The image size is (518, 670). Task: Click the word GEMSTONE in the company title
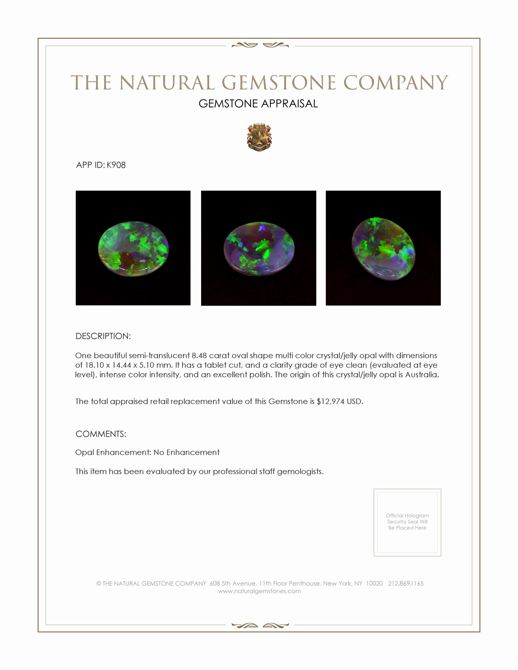point(279,83)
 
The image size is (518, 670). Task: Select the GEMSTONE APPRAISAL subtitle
point(258,104)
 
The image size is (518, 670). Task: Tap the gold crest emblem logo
point(259,138)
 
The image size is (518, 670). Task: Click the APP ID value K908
point(116,165)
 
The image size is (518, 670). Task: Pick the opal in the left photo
point(133,248)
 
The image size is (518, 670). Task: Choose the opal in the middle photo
point(259,249)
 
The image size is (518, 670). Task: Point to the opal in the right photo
point(383,249)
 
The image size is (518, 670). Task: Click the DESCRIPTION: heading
point(103,336)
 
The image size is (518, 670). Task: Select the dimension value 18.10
point(94,365)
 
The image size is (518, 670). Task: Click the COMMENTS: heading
point(101,434)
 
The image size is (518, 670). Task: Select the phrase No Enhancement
point(186,453)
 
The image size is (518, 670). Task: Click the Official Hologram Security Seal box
point(407,522)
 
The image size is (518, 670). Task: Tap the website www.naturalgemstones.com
point(259,591)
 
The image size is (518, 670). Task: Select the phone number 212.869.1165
point(406,584)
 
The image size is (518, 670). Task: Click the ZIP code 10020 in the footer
point(374,584)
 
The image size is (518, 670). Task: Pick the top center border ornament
point(260,45)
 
